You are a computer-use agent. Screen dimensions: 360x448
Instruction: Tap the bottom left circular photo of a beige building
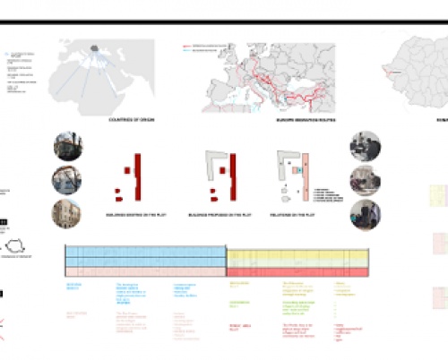coord(68,214)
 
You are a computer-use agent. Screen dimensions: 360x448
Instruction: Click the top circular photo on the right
coord(365,146)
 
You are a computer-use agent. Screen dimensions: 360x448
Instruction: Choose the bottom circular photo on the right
coord(365,214)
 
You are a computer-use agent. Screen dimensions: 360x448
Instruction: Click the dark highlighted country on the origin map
coord(94,50)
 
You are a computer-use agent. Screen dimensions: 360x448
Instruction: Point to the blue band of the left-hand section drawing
coord(143,255)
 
